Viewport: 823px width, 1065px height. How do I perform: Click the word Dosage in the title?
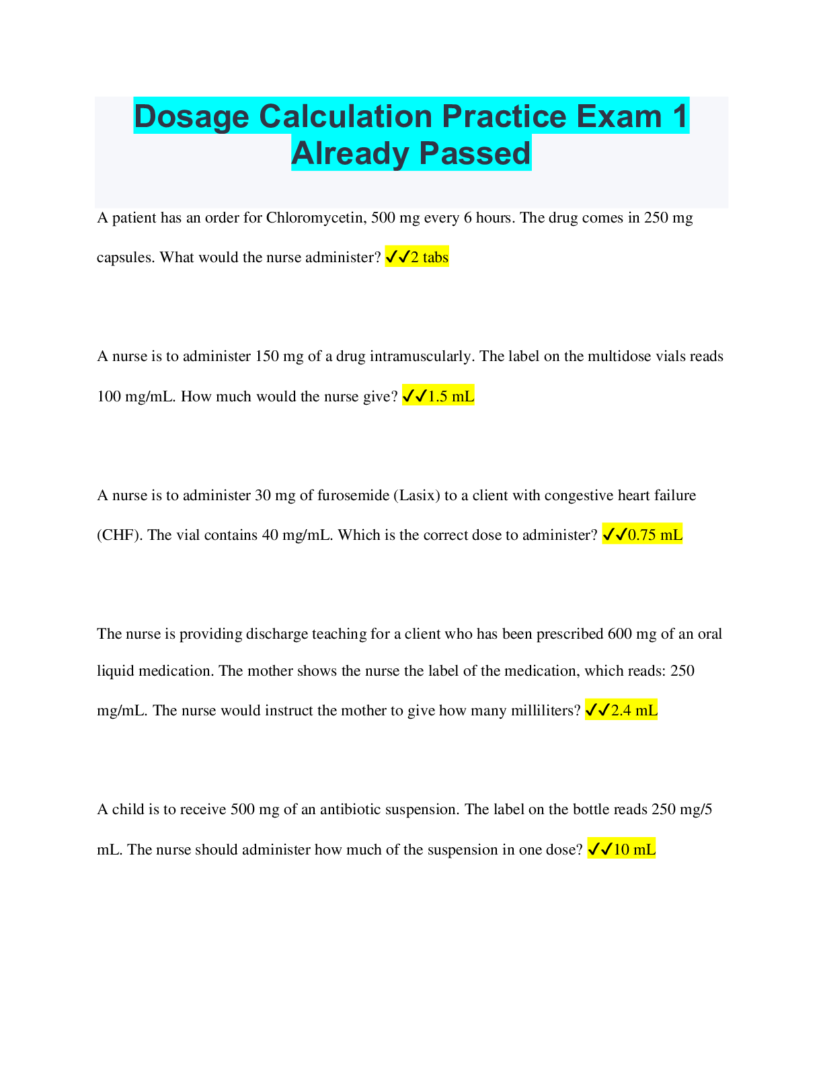192,118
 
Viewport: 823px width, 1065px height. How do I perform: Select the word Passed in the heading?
475,153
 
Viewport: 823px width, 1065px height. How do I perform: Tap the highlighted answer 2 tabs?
417,257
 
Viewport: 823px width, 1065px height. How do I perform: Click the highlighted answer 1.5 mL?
438,395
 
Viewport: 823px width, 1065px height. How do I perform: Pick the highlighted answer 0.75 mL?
642,535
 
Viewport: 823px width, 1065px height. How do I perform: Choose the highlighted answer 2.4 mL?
621,710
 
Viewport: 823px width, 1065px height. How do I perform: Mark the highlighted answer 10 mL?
621,849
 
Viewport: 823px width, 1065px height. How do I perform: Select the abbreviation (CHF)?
120,535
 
